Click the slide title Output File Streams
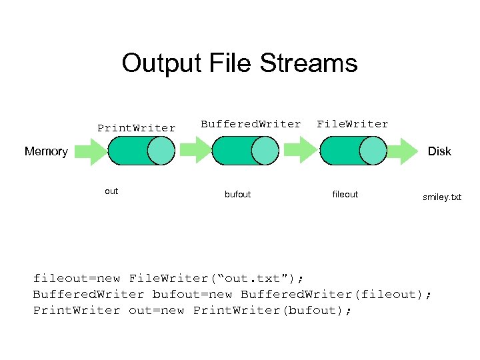coord(239,64)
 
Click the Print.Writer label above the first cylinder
coord(137,128)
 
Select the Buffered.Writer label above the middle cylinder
coord(251,124)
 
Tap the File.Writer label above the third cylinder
coord(352,124)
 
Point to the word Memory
coord(46,151)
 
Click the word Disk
coord(439,151)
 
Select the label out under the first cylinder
coord(111,191)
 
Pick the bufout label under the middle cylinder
coord(238,195)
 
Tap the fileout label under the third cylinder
coord(345,195)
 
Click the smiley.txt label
coord(441,197)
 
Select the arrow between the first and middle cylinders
coord(194,151)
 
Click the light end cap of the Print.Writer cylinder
coord(161,151)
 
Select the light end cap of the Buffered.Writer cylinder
coord(265,151)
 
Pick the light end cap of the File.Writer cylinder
coord(373,151)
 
